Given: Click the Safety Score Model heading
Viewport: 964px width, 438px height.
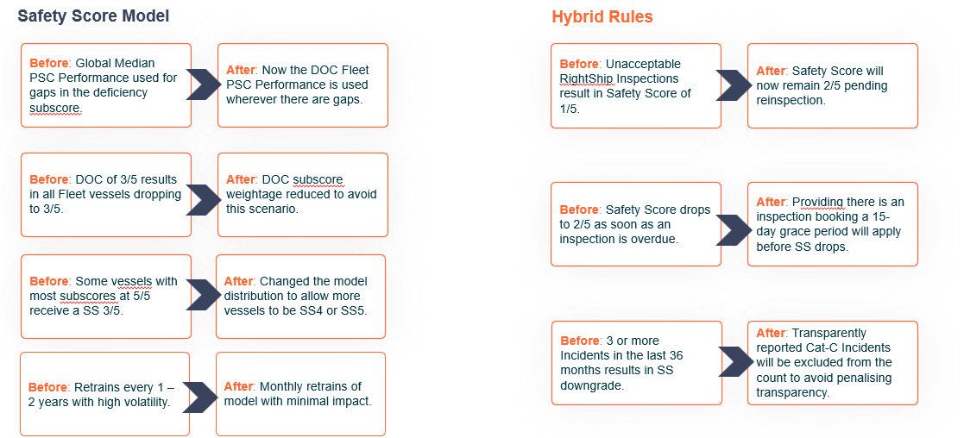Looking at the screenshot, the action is (93, 16).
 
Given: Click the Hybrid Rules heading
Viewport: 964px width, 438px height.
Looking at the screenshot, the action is (602, 16).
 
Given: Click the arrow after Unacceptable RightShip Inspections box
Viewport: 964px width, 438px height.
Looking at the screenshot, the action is (733, 84).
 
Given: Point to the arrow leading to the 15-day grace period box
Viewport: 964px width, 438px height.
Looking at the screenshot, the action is (733, 230).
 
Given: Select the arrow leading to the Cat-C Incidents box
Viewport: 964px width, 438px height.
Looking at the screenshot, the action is (735, 360).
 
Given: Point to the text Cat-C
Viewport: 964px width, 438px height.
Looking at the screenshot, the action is (822, 347).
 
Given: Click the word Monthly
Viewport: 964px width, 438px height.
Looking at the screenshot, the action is (280, 386).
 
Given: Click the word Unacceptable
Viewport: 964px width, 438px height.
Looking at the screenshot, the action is (644, 64).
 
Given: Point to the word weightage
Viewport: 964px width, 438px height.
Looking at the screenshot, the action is (253, 195).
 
